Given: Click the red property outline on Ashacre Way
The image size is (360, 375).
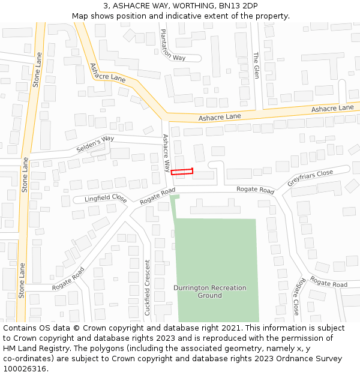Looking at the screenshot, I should (182, 172).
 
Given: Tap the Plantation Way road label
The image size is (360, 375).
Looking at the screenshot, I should (173, 46).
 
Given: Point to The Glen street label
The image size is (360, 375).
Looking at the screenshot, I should (256, 65).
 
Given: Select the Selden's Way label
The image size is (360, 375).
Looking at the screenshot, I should (95, 144).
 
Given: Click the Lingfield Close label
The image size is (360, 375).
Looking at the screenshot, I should (105, 198).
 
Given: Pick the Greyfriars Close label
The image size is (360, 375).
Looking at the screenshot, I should (310, 181).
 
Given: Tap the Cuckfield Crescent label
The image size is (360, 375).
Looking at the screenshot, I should (148, 287).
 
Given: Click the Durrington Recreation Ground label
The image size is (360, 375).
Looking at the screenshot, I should (210, 292).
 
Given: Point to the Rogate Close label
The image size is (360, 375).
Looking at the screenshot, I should (296, 295).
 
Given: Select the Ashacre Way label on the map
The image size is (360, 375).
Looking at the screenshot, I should (167, 152).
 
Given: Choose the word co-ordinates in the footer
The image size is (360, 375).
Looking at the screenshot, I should (26, 358).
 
